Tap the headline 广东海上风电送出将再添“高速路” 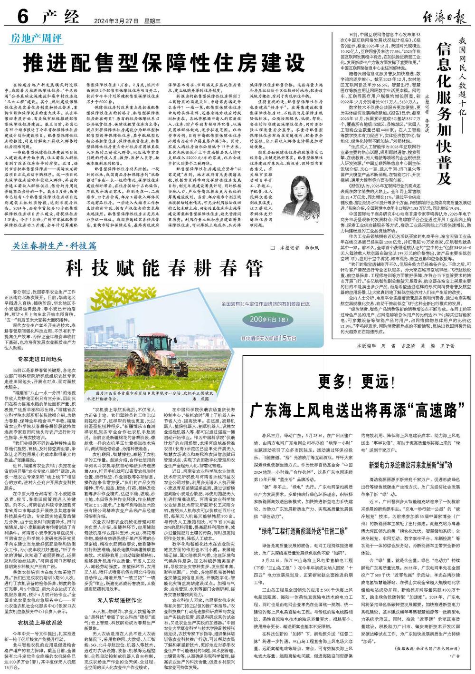tap(357, 409)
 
